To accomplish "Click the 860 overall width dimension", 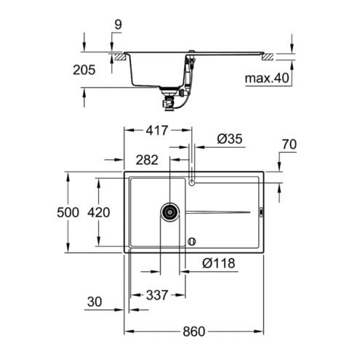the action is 193,331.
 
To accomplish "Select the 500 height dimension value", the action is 68,212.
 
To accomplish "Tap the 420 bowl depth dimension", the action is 99,212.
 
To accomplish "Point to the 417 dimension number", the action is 156,130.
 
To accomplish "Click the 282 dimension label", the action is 147,160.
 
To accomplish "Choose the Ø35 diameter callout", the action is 230,139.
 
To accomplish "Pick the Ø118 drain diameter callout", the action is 219,263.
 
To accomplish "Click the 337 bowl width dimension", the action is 157,295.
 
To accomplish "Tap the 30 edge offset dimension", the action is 95,302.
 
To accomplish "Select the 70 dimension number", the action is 289,144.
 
